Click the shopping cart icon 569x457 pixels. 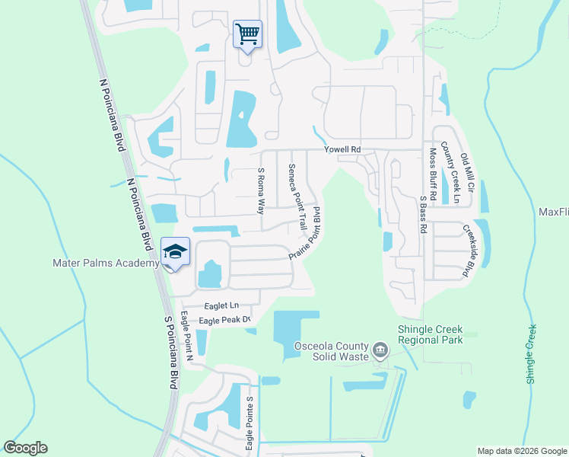(x=247, y=34)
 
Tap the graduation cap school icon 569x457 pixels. (x=175, y=252)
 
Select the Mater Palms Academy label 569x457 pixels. (x=105, y=264)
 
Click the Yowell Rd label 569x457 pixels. (x=342, y=150)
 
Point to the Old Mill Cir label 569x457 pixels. (x=468, y=173)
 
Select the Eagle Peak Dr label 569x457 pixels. (x=225, y=321)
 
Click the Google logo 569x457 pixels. (x=25, y=448)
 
